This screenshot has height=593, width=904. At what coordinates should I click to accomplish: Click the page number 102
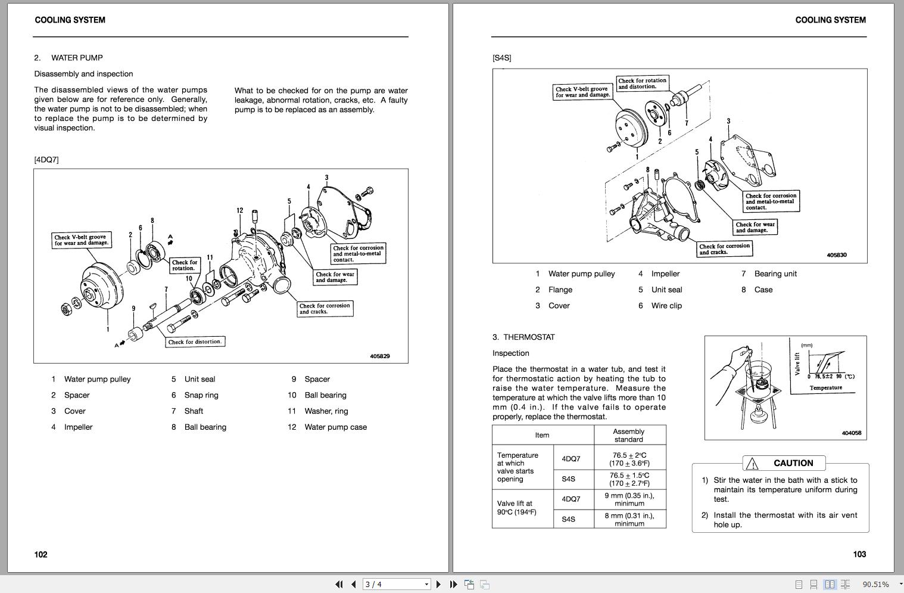coord(40,554)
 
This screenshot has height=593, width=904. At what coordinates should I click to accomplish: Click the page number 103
coord(859,554)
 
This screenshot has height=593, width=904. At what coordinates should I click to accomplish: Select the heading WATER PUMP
coord(77,58)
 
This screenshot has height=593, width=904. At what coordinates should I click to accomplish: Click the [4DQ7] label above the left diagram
coord(46,160)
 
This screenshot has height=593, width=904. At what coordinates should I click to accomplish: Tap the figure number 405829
coord(380,356)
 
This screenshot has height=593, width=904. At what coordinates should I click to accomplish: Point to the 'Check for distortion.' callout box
coord(195,342)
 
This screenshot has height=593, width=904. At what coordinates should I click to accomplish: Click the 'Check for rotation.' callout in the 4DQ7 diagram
coord(185,265)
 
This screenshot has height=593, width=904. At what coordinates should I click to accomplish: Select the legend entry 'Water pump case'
coord(335,427)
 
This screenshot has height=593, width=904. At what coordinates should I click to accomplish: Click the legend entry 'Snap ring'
coord(201,395)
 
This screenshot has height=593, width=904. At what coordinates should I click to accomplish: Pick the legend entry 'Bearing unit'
coord(775,274)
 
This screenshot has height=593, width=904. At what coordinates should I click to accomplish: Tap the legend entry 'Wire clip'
coord(666,306)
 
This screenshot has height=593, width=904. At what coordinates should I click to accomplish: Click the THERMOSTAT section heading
coord(529,337)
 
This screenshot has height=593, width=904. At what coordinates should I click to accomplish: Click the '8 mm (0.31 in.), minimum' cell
coord(629,520)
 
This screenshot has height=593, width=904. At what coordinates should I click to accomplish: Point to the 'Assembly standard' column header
coord(629,436)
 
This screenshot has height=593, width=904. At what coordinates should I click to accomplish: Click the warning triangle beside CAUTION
coord(752,464)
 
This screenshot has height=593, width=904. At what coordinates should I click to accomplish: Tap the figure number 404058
coord(852,433)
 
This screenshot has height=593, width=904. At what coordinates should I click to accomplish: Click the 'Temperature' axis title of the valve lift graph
coord(825,388)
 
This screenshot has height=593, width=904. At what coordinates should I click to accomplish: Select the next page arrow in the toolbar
coord(438,585)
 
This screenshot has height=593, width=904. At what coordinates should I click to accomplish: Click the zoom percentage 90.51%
coord(875,585)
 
